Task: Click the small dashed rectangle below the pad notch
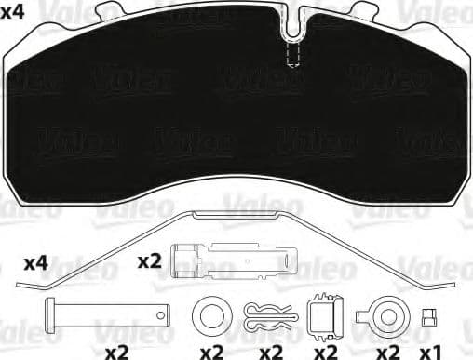291,57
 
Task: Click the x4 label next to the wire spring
34,262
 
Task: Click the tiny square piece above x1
429,315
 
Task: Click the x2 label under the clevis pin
115,351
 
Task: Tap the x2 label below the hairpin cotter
270,351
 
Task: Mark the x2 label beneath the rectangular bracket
324,351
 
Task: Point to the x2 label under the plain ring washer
210,351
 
